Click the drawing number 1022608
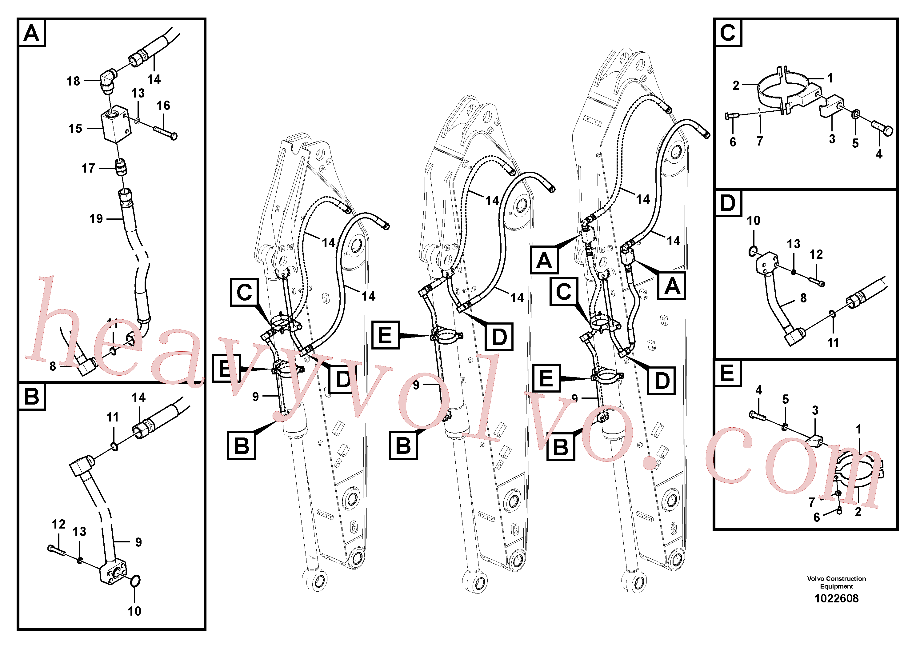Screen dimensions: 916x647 (x=836, y=598)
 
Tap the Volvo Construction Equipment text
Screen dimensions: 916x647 (x=837, y=582)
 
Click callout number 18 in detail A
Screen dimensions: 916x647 (x=74, y=81)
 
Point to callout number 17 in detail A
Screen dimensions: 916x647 (x=88, y=168)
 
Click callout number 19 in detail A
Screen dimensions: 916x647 (x=96, y=219)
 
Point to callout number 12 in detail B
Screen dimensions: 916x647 (x=59, y=524)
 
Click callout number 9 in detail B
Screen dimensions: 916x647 (x=138, y=542)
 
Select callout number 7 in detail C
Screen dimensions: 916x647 (x=760, y=141)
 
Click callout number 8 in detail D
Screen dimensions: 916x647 (x=803, y=298)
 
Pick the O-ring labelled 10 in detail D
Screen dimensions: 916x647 (x=752, y=251)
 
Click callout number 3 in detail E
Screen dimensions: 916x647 (x=815, y=410)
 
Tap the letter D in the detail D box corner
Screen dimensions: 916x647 (x=728, y=203)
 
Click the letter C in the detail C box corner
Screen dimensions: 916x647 (x=728, y=32)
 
